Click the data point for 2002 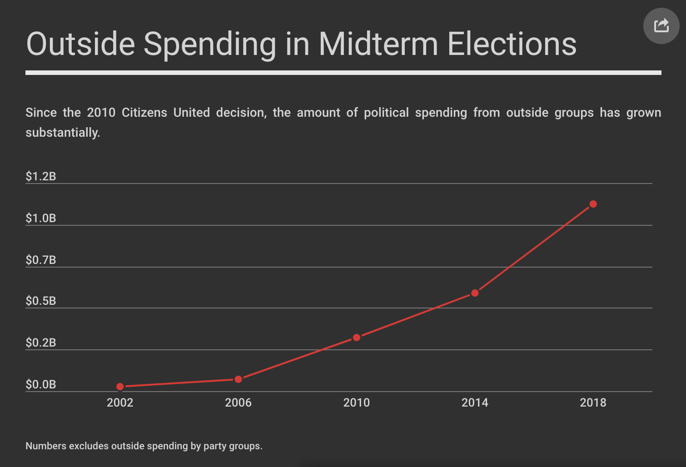[x=120, y=387]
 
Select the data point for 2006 [x=239, y=379]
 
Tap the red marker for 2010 [x=357, y=338]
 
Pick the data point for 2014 [x=475, y=293]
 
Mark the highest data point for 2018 [x=593, y=204]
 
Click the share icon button [x=661, y=26]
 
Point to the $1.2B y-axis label [x=41, y=176]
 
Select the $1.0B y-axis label [x=41, y=218]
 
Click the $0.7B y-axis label [x=41, y=260]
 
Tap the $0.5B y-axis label [x=41, y=301]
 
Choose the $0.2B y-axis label [x=41, y=343]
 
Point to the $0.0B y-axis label [x=41, y=384]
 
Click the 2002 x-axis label [x=120, y=402]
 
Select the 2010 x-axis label [x=357, y=402]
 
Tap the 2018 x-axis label [x=593, y=402]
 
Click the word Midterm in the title [x=378, y=44]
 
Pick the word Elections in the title [x=512, y=44]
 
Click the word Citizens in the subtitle [x=144, y=112]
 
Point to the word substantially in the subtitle [x=63, y=133]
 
